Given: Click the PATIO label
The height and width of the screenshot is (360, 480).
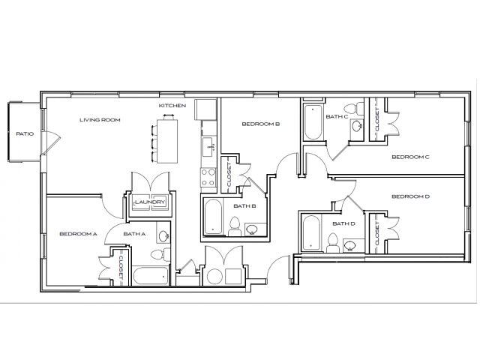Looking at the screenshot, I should tap(25, 133).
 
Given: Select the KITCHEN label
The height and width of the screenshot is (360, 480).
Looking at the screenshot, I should tap(172, 106).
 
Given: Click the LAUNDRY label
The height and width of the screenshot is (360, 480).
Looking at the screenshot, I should tap(149, 202).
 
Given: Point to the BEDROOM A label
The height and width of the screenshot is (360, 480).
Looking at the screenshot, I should tap(78, 234).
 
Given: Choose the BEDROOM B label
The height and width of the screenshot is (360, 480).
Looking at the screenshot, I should tap(261, 124).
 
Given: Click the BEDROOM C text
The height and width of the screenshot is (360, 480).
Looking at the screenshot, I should tap(410, 157).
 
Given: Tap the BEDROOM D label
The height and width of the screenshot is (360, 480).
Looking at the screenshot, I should tap(410, 196).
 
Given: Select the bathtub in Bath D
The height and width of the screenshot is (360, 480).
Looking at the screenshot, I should tap(310, 234).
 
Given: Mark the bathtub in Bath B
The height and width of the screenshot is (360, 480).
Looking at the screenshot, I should tap(212, 217).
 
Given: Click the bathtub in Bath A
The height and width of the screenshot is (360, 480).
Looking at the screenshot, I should tap(151, 275).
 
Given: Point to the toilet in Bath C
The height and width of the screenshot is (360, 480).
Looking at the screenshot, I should tap(358, 127).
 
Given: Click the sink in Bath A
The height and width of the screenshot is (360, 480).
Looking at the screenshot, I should tap(163, 238).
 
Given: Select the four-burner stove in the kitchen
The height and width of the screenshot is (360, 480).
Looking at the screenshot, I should tap(208, 176).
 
